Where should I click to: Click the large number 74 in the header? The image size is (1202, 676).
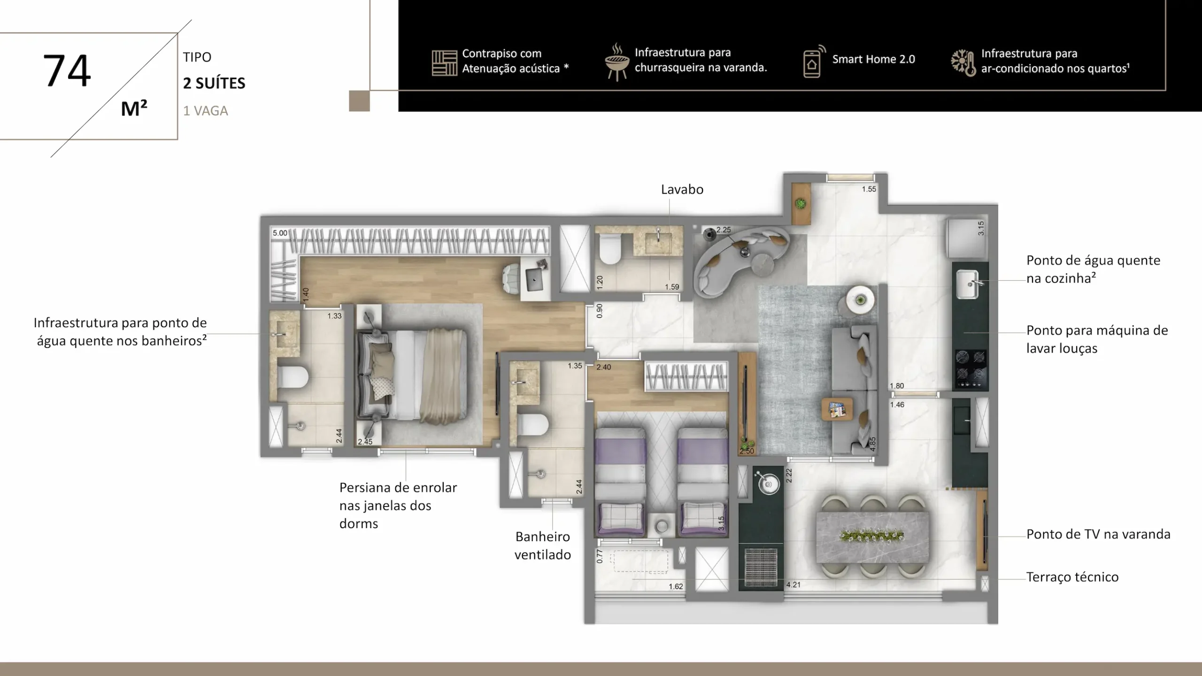[67, 70]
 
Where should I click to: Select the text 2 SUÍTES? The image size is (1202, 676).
[214, 83]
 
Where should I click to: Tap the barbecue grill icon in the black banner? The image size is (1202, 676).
[616, 62]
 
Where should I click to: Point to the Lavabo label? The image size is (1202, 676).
[682, 189]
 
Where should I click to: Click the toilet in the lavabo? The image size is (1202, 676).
[610, 249]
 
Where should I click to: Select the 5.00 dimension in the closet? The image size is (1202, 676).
[280, 233]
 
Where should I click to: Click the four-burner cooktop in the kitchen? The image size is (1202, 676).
[971, 370]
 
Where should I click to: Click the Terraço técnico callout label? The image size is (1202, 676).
[1072, 577]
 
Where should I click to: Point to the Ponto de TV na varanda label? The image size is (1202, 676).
[1098, 534]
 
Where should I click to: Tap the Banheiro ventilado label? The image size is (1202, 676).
[543, 545]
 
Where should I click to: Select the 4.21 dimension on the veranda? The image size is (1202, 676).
[794, 584]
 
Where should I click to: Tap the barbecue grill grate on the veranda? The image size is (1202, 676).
[761, 568]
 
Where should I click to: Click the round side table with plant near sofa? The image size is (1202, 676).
[860, 300]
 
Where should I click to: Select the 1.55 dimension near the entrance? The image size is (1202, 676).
[869, 189]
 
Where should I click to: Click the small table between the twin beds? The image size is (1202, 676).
[662, 526]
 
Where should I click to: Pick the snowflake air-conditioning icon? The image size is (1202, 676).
[963, 62]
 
